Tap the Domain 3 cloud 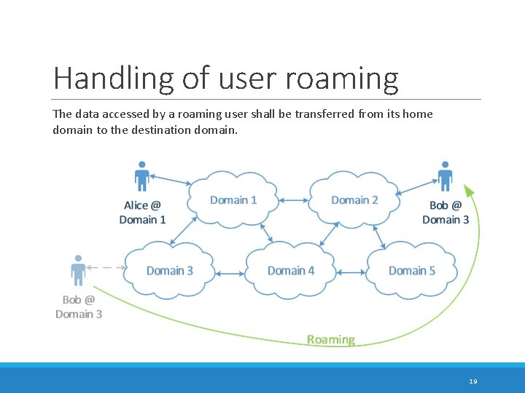(170, 271)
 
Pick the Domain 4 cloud (291, 271)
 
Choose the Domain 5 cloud (412, 271)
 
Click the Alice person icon (142, 177)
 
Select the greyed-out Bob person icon (78, 270)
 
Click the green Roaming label (331, 340)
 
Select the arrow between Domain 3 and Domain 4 (230, 274)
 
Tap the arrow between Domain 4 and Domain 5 (351, 273)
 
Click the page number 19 (473, 381)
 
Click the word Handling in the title (112, 78)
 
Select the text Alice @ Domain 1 (143, 213)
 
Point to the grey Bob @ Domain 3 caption (79, 307)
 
